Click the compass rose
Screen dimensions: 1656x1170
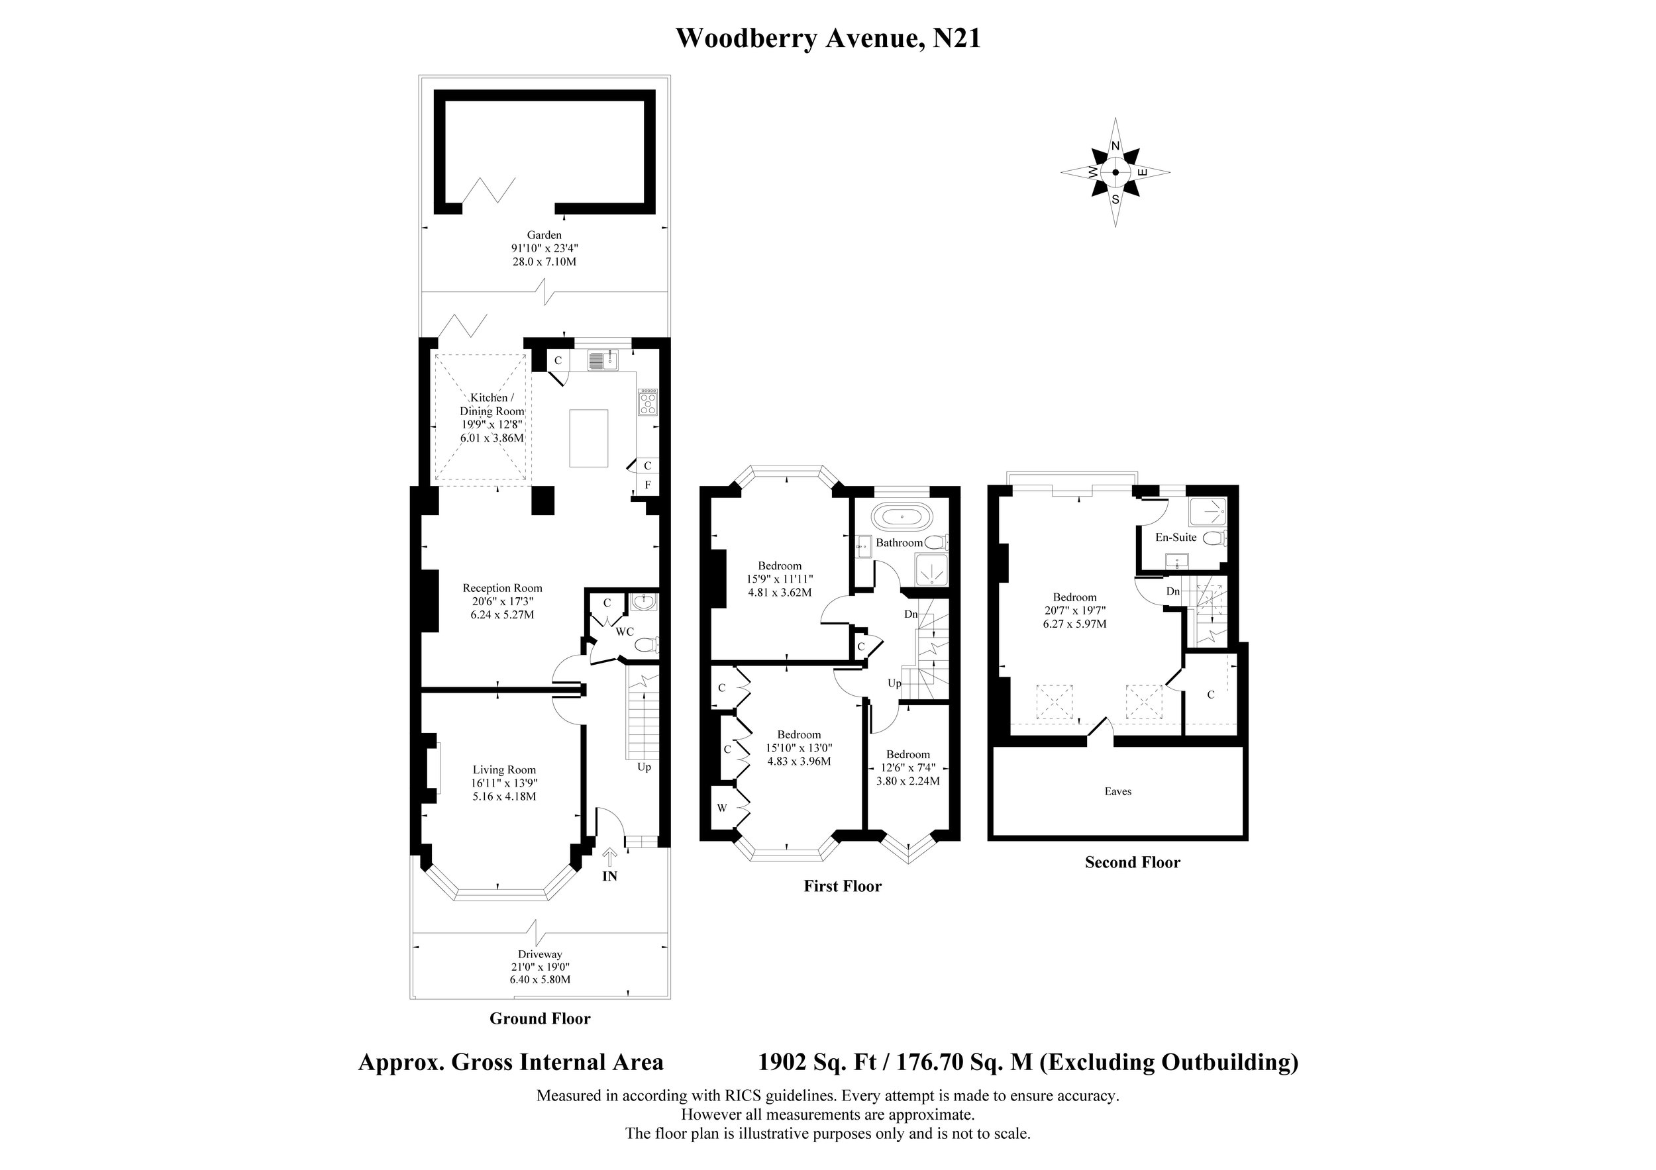click(x=1115, y=172)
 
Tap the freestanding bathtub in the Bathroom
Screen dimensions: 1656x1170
click(x=902, y=517)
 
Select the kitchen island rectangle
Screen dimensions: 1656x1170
click(x=589, y=438)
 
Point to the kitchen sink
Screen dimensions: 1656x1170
click(x=603, y=359)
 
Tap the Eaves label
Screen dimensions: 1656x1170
click(x=1118, y=791)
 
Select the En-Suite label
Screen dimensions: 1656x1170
click(x=1176, y=537)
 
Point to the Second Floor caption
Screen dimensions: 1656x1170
click(x=1132, y=862)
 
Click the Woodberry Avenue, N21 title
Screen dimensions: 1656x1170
click(x=828, y=38)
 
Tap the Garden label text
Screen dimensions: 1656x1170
click(x=544, y=235)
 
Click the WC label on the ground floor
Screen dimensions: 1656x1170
click(x=625, y=632)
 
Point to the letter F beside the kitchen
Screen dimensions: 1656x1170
click(x=648, y=485)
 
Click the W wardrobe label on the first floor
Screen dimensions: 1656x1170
click(x=721, y=808)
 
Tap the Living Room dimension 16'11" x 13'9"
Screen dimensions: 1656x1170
click(x=504, y=783)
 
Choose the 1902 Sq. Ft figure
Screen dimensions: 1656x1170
click(x=817, y=1063)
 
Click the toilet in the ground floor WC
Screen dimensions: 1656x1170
click(x=647, y=644)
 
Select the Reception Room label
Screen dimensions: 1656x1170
click(x=502, y=588)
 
